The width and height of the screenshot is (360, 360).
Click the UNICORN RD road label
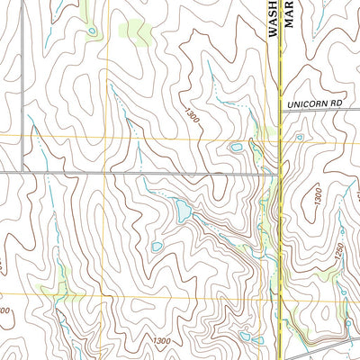pyautogui.click(x=316, y=105)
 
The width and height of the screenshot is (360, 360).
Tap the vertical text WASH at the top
pyautogui.click(x=274, y=18)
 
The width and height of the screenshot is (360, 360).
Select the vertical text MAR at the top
pyautogui.click(x=290, y=13)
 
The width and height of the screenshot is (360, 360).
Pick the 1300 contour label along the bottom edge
pyautogui.click(x=162, y=341)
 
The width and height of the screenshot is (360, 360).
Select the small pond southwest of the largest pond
pyautogui.click(x=157, y=246)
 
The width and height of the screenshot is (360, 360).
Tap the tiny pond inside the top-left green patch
pyautogui.click(x=92, y=32)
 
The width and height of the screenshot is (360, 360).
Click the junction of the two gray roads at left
pyautogui.click(x=21, y=171)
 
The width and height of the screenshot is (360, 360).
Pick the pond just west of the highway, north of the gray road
pyautogui.click(x=236, y=147)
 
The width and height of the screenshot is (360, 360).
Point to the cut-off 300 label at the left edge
pyautogui.click(x=4, y=310)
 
